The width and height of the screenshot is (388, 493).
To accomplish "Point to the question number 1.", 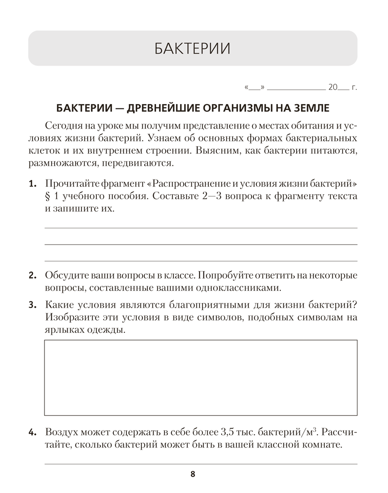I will click(x=32, y=184).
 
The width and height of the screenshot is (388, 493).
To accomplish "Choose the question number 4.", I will click(x=32, y=433).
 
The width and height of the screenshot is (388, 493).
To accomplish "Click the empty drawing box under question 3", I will click(x=201, y=378).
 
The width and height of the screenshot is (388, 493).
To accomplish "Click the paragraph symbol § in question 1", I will click(x=48, y=196).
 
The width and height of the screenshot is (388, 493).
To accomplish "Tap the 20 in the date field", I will click(x=332, y=88).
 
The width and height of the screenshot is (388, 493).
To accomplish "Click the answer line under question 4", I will click(x=201, y=463).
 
